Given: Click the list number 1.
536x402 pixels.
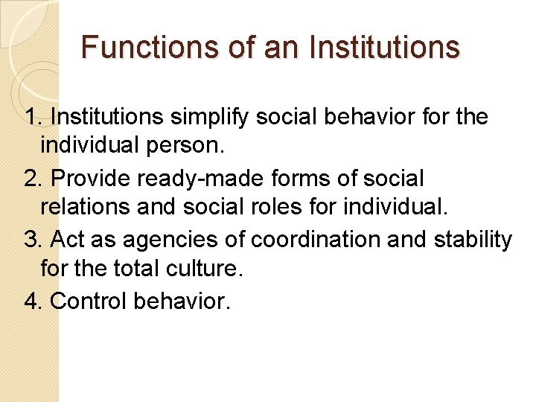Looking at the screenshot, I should click(32, 117).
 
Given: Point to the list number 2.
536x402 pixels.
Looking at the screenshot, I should click(32, 179).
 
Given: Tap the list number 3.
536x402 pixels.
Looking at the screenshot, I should click(32, 240).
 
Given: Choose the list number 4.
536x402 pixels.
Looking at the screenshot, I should click(32, 301).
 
